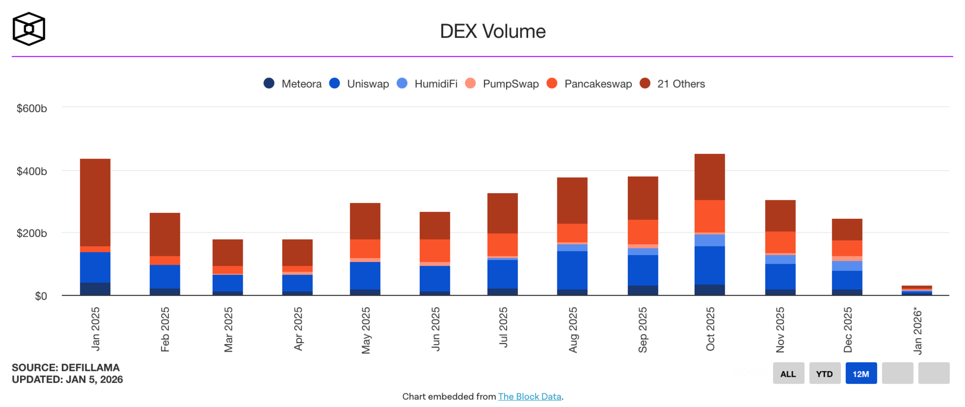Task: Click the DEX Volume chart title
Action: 493,31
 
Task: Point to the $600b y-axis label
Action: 32,108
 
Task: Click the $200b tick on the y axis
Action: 32,233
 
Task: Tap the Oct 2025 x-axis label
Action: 710,329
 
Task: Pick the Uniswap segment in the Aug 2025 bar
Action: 572,270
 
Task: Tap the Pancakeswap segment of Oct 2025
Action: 709,216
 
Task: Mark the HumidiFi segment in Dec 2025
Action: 847,266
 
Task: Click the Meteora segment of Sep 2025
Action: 642,290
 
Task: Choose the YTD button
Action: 824,373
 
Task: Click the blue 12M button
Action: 860,373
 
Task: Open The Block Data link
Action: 529,396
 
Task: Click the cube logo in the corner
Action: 29,29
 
